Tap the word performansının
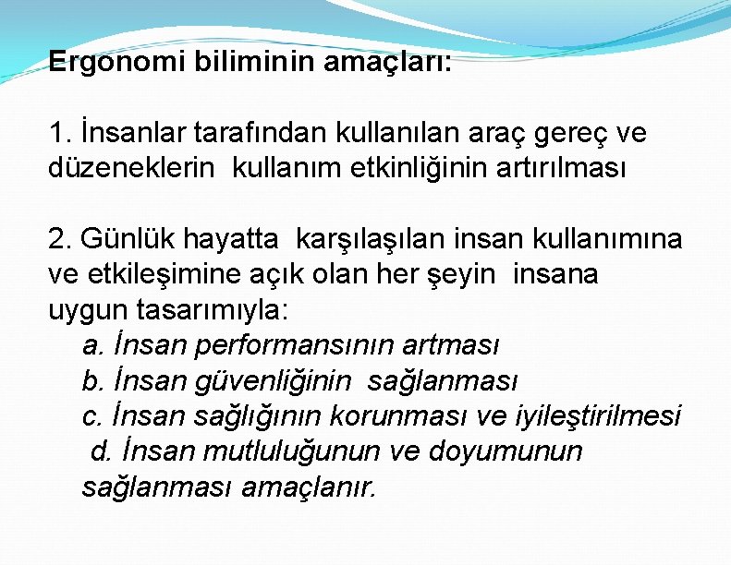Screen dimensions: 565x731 click(294, 345)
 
